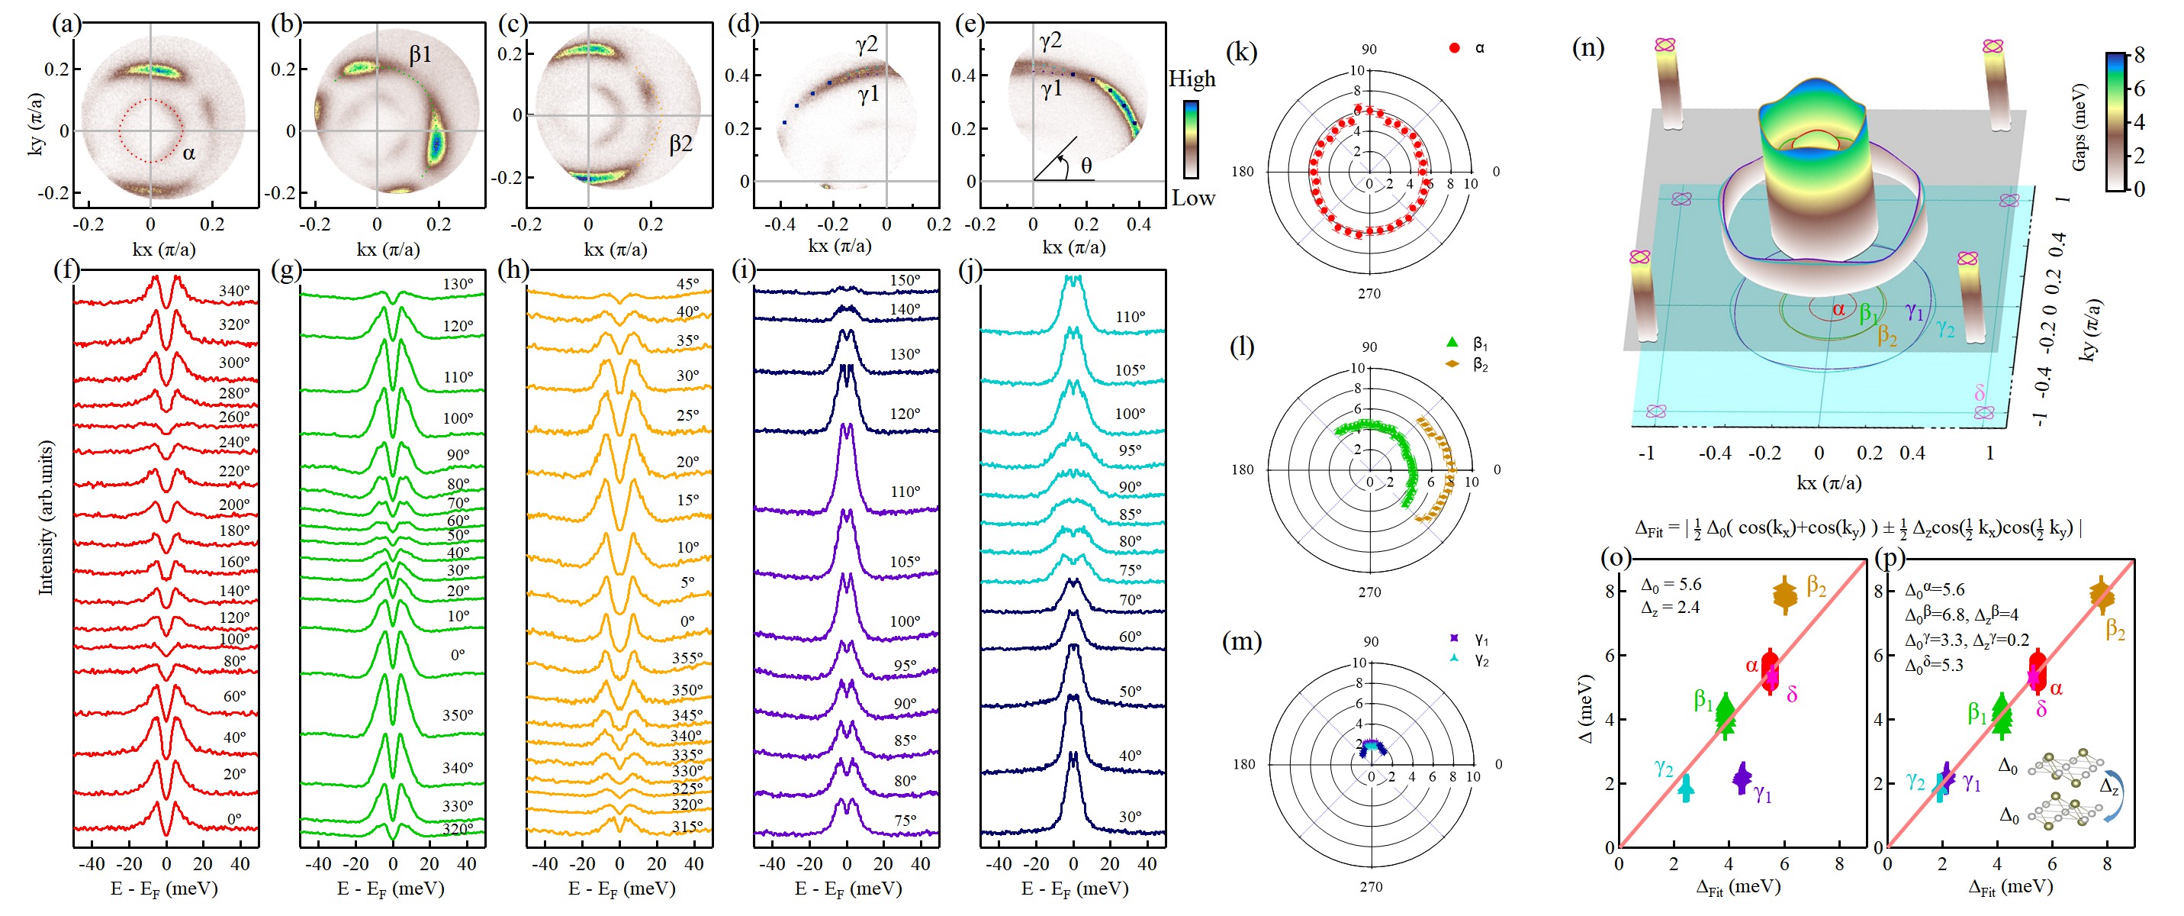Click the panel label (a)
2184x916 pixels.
[x=66, y=24]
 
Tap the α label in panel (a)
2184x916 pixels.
[x=189, y=153]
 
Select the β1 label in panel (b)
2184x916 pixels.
[x=420, y=55]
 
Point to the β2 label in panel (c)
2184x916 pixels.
[x=680, y=144]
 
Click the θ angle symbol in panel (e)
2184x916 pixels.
[x=1086, y=166]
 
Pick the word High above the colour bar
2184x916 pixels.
[x=1192, y=79]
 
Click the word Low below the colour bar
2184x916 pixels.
[x=1193, y=198]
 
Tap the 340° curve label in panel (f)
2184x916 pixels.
[x=234, y=291]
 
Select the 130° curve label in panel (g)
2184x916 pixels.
[x=458, y=284]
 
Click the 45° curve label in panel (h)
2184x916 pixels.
[x=687, y=284]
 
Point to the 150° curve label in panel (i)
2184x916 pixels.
[x=905, y=281]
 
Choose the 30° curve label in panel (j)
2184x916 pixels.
[x=1129, y=817]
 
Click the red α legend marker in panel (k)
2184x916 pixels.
[x=1455, y=48]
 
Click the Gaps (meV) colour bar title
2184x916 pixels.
[x=2079, y=127]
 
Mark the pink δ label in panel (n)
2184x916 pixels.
[x=1980, y=392]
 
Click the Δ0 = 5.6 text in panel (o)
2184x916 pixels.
[x=1670, y=585]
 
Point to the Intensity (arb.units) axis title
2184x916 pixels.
[x=46, y=518]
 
